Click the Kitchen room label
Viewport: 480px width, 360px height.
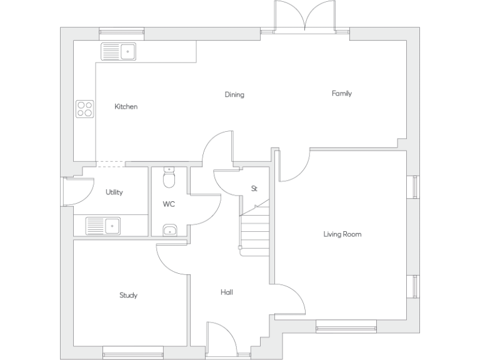(126, 107)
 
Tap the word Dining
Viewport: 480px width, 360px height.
(234, 95)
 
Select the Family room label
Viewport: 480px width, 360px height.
(341, 94)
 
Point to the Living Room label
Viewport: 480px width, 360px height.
(342, 234)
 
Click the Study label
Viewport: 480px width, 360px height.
(128, 295)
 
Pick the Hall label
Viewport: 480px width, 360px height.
(227, 292)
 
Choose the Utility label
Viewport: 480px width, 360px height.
(114, 192)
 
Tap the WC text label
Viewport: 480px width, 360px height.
(169, 204)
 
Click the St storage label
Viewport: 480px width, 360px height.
(254, 188)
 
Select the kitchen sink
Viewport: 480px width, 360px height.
(119, 51)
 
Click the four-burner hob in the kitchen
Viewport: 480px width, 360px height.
(85, 109)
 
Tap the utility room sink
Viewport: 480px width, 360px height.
(103, 225)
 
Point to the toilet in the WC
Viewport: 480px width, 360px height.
(169, 179)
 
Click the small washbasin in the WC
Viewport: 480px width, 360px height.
(169, 231)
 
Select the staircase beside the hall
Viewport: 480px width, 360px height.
(254, 228)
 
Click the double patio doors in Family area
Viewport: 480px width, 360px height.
(305, 16)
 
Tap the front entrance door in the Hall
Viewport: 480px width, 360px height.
(222, 341)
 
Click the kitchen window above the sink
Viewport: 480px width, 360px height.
(121, 31)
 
